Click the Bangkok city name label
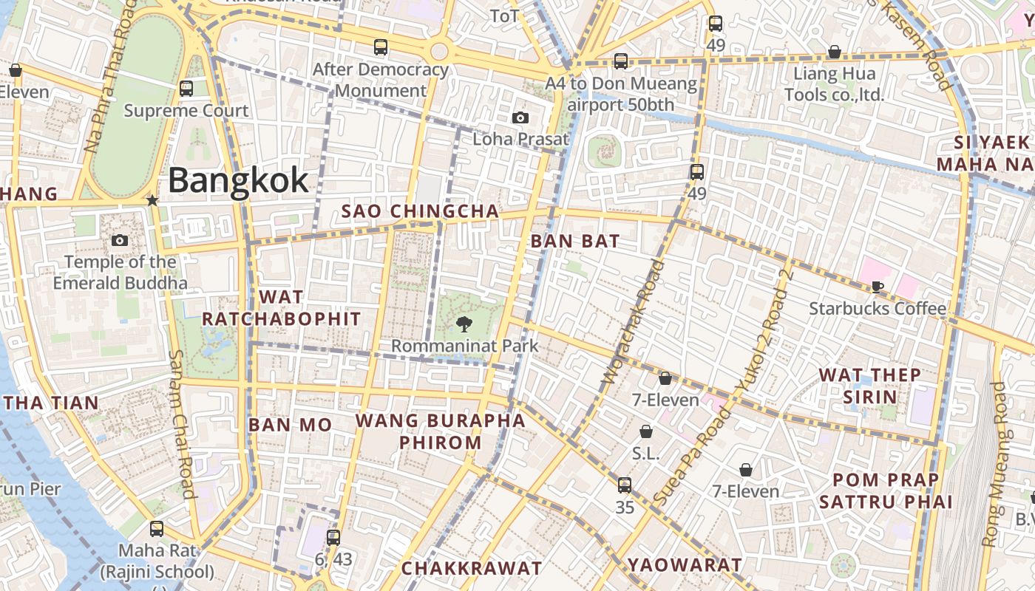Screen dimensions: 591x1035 click(x=238, y=181)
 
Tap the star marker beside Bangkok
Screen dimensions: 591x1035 click(x=152, y=200)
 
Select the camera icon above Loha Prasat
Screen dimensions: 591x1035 click(x=520, y=117)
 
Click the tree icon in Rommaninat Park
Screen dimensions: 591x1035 click(x=464, y=324)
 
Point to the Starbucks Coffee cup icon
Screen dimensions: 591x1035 click(x=878, y=287)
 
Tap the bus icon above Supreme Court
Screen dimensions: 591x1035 click(x=186, y=89)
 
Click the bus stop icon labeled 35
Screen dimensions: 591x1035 click(x=625, y=485)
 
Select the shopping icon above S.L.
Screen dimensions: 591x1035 click(x=646, y=431)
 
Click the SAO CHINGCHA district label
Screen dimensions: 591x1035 click(x=420, y=211)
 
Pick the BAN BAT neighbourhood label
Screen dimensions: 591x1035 click(x=575, y=242)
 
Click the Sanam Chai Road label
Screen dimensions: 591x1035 click(x=182, y=424)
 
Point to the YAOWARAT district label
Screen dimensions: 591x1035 click(x=685, y=565)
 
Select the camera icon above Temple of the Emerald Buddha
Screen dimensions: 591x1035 click(x=119, y=240)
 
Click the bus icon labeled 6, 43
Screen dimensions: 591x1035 click(x=333, y=537)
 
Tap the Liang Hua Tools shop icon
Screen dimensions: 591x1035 click(x=834, y=52)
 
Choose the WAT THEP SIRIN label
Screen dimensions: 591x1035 click(x=870, y=386)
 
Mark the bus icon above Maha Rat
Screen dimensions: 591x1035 click(x=157, y=529)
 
